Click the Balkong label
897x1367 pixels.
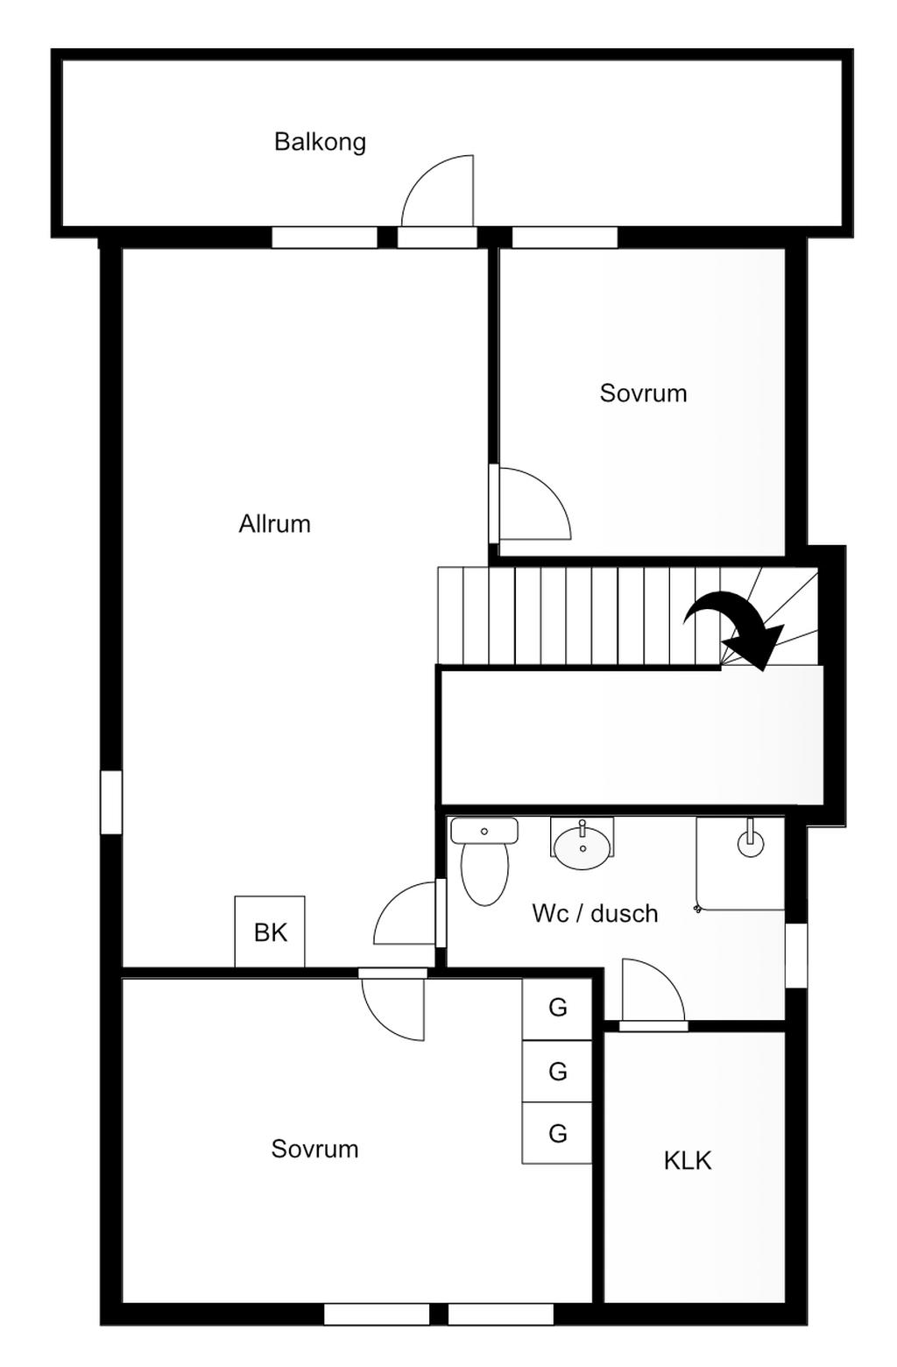(320, 142)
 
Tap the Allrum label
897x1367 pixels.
(275, 524)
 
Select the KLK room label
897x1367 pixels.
(688, 1161)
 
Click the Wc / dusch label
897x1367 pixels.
(595, 914)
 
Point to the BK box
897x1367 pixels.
(270, 931)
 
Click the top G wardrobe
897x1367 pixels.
(557, 1008)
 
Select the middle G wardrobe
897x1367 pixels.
(557, 1071)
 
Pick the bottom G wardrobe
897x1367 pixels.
(557, 1133)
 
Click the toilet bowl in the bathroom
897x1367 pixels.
(484, 872)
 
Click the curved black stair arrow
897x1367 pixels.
(732, 627)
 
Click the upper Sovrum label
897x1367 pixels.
(643, 393)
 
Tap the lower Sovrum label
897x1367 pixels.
(314, 1149)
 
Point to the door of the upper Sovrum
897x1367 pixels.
(531, 505)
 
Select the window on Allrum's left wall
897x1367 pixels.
(111, 802)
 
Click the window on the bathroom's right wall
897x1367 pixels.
(795, 955)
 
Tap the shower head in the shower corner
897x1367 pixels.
(751, 842)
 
